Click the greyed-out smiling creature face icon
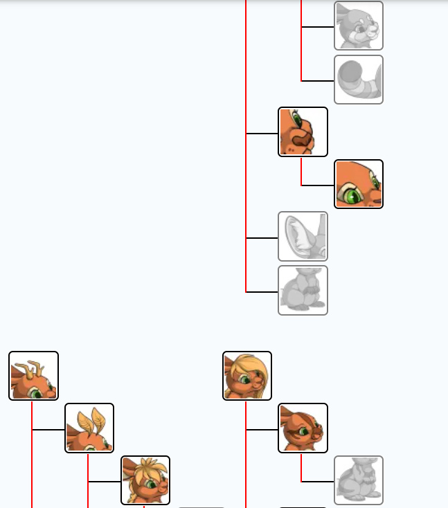coord(359,26)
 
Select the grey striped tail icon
coord(359,80)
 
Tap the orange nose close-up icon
coord(303,131)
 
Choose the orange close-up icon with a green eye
coord(359,184)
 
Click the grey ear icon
coord(303,237)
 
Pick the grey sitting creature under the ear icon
coord(303,291)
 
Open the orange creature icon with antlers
coord(33,376)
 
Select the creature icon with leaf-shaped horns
coord(89,428)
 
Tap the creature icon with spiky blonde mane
coord(145,480)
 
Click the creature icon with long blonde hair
coord(247,376)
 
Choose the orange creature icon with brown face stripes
coord(303,428)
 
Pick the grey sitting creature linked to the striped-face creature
coord(359,480)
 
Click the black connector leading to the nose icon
coord(262,134)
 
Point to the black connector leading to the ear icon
coord(262,238)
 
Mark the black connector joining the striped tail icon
coord(318,81)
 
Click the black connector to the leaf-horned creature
coord(48,430)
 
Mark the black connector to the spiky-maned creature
coord(105,482)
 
